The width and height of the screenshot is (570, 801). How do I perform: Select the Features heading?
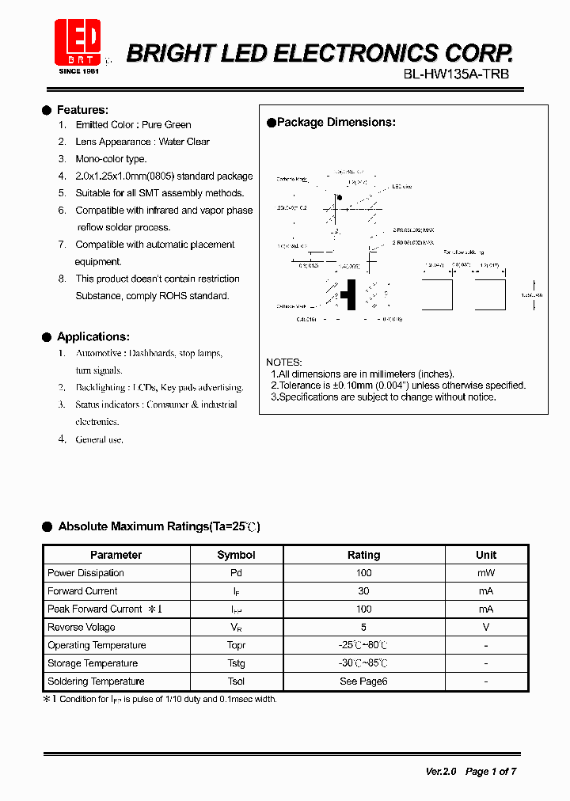[82, 110]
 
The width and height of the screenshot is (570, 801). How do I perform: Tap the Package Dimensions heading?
[336, 122]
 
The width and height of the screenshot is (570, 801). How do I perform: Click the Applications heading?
[93, 336]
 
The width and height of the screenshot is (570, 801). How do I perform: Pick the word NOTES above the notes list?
[283, 362]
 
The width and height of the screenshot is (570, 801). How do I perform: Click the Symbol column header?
[236, 555]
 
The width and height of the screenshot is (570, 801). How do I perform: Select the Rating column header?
[363, 555]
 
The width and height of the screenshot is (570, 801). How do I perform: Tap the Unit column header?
[486, 555]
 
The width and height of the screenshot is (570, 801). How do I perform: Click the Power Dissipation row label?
[85, 573]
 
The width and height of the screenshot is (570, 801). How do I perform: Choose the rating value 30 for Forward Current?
[363, 591]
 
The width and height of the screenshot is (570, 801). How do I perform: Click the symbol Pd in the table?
[236, 573]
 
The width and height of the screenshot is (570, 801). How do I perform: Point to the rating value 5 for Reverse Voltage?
[363, 627]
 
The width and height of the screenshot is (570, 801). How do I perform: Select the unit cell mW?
[486, 573]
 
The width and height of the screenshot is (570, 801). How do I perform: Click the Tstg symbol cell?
[236, 663]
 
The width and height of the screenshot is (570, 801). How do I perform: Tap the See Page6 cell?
[363, 681]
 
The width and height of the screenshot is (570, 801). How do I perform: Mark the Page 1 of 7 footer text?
[491, 771]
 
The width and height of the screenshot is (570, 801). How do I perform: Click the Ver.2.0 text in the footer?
[441, 771]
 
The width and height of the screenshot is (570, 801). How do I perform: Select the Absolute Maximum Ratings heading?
[158, 526]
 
